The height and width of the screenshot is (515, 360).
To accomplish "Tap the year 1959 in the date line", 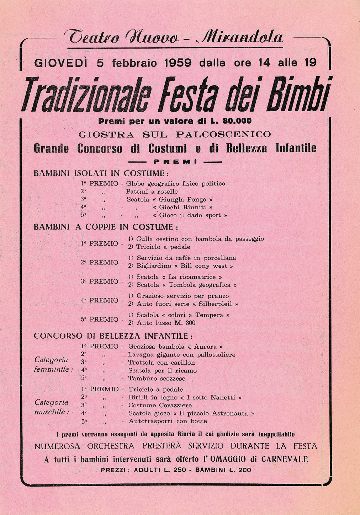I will click(x=178, y=63).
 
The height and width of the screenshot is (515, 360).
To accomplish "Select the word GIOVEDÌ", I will click(x=61, y=63).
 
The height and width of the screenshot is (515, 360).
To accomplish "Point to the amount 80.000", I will click(x=237, y=121).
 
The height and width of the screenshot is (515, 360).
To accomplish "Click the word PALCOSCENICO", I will click(x=223, y=134).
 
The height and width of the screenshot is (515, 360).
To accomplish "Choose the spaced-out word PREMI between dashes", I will click(x=175, y=162).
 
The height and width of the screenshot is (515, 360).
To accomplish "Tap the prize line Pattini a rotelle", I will click(x=152, y=192).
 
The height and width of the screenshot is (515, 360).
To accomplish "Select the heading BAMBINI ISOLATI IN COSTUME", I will click(x=101, y=173).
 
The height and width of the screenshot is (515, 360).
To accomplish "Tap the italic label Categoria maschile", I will click(x=52, y=407).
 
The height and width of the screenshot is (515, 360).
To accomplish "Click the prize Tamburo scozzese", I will click(x=157, y=379).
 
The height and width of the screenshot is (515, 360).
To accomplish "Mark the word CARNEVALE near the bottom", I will click(x=285, y=459).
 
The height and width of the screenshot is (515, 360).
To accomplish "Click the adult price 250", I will click(x=179, y=470).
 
